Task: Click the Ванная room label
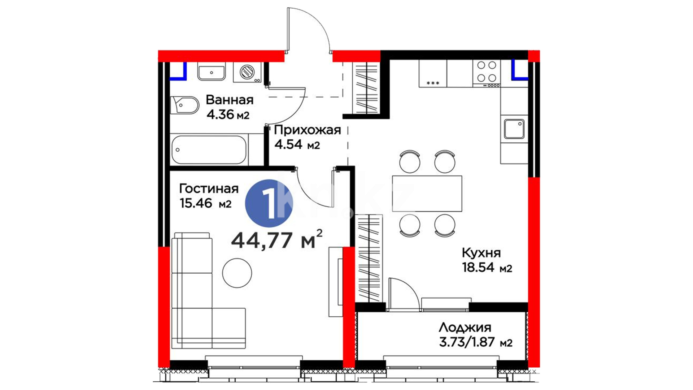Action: tap(230, 100)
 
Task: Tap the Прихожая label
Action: tap(308, 130)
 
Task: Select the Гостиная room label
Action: tap(209, 188)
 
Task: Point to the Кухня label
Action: tap(481, 253)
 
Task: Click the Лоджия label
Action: tap(465, 328)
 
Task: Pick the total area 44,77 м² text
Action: tap(276, 239)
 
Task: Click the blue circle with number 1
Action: tap(269, 203)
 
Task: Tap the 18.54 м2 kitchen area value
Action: tap(487, 268)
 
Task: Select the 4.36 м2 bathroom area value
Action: tap(228, 114)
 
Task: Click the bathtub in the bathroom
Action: tap(209, 149)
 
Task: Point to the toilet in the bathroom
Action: tap(184, 105)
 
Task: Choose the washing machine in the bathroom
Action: tap(247, 72)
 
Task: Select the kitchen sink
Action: tap(514, 129)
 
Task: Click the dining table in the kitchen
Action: tap(427, 193)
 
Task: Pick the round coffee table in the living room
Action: tap(237, 273)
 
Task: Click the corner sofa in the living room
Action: tap(202, 291)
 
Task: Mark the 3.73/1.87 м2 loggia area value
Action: tap(476, 342)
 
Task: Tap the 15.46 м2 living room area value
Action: tap(205, 203)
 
